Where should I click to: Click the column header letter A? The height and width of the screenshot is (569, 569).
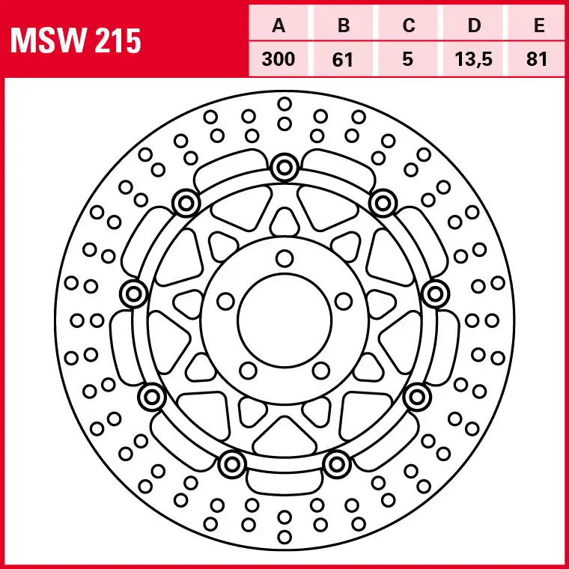[279, 25]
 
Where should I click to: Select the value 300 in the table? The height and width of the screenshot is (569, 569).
[279, 59]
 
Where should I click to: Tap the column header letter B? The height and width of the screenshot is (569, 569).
[344, 25]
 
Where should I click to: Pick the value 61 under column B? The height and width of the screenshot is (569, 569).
[343, 59]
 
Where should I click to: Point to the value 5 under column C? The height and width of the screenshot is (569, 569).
[408, 59]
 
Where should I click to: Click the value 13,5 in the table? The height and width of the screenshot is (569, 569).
[473, 59]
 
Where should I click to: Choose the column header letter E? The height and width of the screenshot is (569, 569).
[539, 25]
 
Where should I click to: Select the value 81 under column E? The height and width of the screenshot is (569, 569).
[537, 59]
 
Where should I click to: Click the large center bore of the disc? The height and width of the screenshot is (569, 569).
[284, 320]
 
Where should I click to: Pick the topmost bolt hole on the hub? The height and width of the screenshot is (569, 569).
[284, 259]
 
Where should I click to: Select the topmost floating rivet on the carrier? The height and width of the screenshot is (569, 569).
[284, 167]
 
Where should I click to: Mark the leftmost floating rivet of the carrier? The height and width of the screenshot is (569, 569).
[133, 293]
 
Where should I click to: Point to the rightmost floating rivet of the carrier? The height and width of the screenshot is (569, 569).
[436, 293]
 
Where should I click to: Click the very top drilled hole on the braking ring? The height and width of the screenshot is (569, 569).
[284, 104]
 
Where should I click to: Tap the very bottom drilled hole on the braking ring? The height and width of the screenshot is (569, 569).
[284, 537]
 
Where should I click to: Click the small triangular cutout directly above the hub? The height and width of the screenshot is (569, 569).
[284, 222]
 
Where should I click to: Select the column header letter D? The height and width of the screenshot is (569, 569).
[474, 25]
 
